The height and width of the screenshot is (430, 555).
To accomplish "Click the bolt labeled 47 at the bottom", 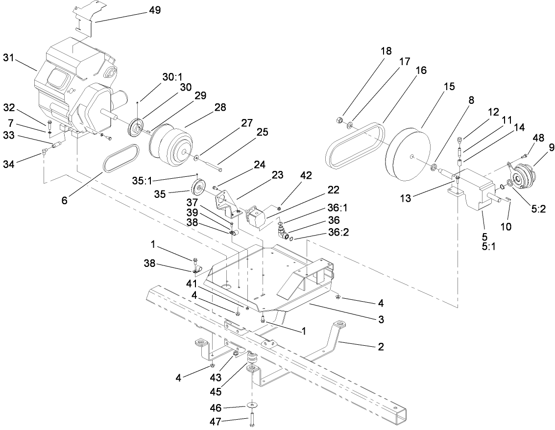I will click(252, 419).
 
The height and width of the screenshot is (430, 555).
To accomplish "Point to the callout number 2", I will click(381, 347).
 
